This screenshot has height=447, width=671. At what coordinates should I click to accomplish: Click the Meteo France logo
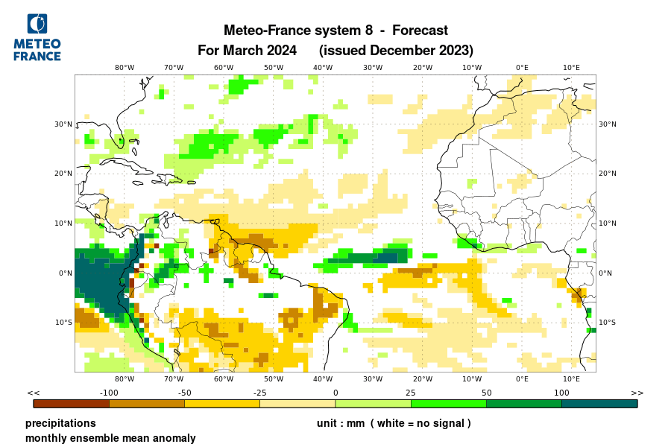pos(37,37)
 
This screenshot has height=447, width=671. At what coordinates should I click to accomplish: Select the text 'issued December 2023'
pos(396,51)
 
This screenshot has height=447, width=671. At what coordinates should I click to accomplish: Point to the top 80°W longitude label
pos(125,67)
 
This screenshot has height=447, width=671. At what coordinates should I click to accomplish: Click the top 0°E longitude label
pos(522,67)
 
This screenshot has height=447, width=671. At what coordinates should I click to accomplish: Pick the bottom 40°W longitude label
pos(323,379)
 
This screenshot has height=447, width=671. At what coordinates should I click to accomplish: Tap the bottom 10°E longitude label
pos(571,379)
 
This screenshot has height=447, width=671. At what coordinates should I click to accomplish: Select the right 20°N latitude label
pos(608,174)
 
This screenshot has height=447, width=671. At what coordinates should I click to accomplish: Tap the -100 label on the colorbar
pos(110,393)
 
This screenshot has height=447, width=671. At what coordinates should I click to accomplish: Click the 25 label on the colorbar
pos(411,393)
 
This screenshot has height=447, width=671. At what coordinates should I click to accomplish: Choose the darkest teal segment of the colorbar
pos(599,404)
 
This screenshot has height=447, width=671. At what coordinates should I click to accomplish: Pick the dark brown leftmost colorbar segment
pos(72,404)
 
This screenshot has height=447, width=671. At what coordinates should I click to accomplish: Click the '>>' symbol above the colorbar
pos(637,393)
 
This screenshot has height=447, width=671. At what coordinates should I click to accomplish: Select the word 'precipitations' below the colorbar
pos(60,423)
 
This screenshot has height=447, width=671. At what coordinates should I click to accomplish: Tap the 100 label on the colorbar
pos(561,393)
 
